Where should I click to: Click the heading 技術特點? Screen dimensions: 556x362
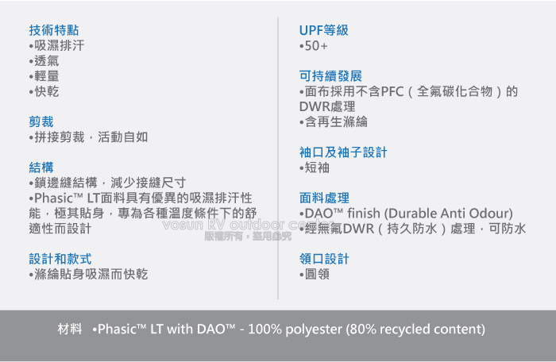click(54, 30)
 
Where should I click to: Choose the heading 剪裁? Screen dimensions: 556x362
click(41, 121)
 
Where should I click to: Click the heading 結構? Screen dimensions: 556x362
click(41, 168)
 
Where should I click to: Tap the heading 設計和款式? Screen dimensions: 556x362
click(60, 259)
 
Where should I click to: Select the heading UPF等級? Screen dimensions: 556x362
click(324, 30)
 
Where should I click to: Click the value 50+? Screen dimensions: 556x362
click(314, 45)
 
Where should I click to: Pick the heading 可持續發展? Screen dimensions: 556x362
click(330, 76)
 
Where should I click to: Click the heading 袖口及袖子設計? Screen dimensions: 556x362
click(343, 152)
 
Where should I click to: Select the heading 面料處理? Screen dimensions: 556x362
click(324, 198)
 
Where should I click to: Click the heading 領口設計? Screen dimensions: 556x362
click(324, 259)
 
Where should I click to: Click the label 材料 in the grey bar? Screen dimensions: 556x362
click(70, 329)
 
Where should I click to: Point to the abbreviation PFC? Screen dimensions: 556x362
click(392, 91)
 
